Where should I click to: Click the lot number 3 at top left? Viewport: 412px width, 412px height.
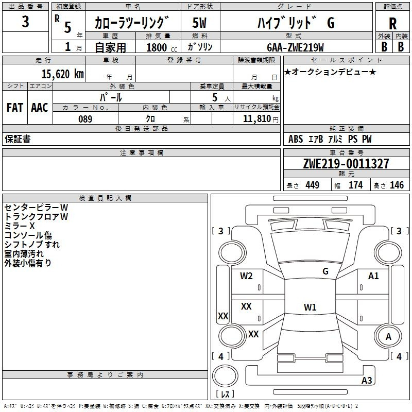pos(26,22)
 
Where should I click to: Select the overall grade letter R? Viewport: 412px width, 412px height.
pos(392,24)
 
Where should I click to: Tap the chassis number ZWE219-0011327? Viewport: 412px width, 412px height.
pos(346,164)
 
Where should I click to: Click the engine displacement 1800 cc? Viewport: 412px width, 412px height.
pos(158,47)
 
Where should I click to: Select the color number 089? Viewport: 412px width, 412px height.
pos(85,119)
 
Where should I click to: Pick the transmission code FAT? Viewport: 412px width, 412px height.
pos(14,108)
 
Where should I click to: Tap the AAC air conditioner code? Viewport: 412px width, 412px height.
pos(40,108)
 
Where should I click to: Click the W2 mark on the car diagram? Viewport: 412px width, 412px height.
pos(246,276)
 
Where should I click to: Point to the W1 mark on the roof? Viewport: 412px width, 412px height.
pos(310,307)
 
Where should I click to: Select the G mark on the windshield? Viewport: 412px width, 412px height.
pos(325,271)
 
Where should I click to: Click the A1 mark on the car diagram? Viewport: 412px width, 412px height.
pos(373,276)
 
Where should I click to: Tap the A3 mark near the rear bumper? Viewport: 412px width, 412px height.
pos(367,381)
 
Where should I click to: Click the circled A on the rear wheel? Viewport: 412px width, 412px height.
pos(388,336)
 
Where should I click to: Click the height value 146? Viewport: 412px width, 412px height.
pos(397,185)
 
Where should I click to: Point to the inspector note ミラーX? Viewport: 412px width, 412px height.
pos(20,226)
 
